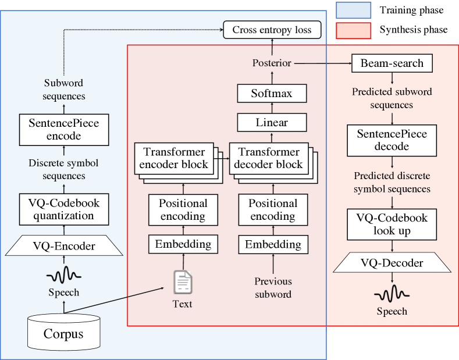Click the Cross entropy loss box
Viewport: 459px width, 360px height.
click(272, 30)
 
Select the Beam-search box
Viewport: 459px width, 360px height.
click(392, 63)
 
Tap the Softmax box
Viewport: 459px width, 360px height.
click(272, 92)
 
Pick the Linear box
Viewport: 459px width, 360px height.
click(272, 123)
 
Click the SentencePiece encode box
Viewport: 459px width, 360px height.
click(64, 130)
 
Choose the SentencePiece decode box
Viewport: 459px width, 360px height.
click(392, 140)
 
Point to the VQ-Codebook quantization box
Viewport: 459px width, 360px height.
click(64, 209)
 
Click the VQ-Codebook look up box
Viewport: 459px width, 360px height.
click(392, 224)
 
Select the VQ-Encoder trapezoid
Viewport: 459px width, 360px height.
click(64, 246)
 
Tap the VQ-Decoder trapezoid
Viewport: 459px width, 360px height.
click(392, 263)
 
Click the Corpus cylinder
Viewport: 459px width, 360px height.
click(63, 333)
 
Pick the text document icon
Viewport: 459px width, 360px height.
click(183, 282)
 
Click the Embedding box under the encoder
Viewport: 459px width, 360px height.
click(183, 244)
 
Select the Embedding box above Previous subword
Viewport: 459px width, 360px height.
click(273, 244)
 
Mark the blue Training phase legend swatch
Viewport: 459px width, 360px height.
click(353, 10)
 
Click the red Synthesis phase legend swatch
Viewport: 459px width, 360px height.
click(353, 30)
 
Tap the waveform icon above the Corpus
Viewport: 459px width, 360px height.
click(64, 273)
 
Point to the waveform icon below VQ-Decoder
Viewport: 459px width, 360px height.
click(392, 291)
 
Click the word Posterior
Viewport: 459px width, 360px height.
click(272, 63)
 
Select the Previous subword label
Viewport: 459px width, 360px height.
click(273, 287)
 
